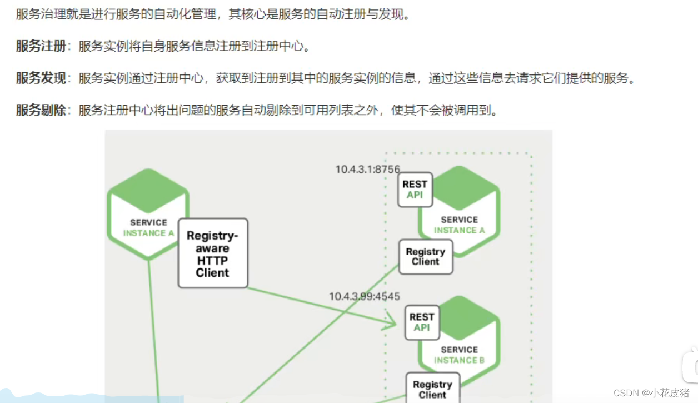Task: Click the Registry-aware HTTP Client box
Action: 213,253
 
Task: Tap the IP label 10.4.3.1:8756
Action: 367,168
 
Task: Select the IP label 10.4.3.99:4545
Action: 364,297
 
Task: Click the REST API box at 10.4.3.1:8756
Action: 415,189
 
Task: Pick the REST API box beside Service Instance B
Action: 422,322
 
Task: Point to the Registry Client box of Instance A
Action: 426,256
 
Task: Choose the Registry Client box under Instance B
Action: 432,389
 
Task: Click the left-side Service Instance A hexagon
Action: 148,214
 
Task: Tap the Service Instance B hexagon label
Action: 459,355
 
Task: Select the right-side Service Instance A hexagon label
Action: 459,225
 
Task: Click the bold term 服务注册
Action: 41,46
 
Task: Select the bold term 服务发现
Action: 41,78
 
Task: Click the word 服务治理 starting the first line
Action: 41,14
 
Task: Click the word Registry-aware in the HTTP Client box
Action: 212,236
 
